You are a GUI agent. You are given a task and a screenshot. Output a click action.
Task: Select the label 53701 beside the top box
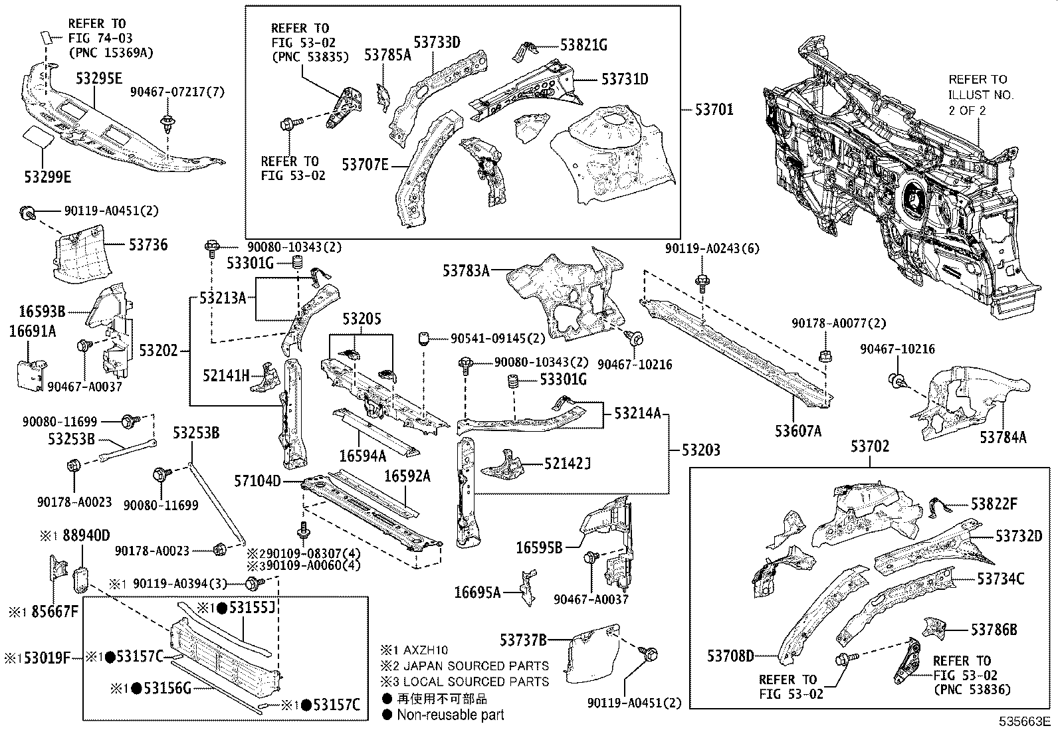pos(714,109)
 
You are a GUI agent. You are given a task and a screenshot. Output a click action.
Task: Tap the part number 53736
pos(148,245)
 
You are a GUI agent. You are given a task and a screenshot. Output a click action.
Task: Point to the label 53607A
pos(797,431)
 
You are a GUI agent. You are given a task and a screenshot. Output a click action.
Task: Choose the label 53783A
pos(466,270)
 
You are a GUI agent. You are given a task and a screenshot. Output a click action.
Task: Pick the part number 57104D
pos(257,481)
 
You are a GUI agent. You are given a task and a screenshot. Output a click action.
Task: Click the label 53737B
pos(523,640)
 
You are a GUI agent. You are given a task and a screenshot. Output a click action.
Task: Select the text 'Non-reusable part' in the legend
pos(450,715)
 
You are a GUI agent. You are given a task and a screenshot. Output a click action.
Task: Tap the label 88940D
pos(86,535)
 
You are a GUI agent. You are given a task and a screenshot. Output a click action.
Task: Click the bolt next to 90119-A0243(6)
pos(702,280)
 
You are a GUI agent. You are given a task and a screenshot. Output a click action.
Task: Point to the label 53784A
pos(1003,437)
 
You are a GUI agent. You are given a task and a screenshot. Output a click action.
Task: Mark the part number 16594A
pos(362,456)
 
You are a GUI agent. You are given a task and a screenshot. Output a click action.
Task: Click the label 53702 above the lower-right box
pos(869,447)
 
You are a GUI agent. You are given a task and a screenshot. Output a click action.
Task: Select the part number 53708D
pos(730,656)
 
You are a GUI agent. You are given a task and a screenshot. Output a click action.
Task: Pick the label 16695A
pos(477,593)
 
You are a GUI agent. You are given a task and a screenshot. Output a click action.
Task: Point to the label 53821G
pos(583,45)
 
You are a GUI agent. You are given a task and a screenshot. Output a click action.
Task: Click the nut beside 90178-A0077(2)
pos(822,354)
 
